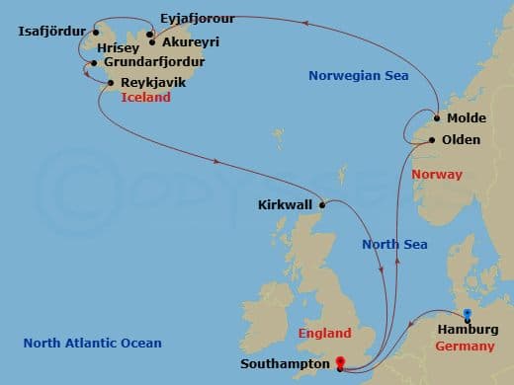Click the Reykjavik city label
click(x=151, y=83)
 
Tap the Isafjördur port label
click(x=52, y=31)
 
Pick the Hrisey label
click(x=119, y=46)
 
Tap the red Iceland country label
click(x=146, y=98)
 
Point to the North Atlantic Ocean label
click(x=92, y=343)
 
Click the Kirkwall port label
click(x=284, y=205)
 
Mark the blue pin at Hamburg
click(x=468, y=315)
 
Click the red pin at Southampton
click(x=341, y=361)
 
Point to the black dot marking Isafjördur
click(x=95, y=30)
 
